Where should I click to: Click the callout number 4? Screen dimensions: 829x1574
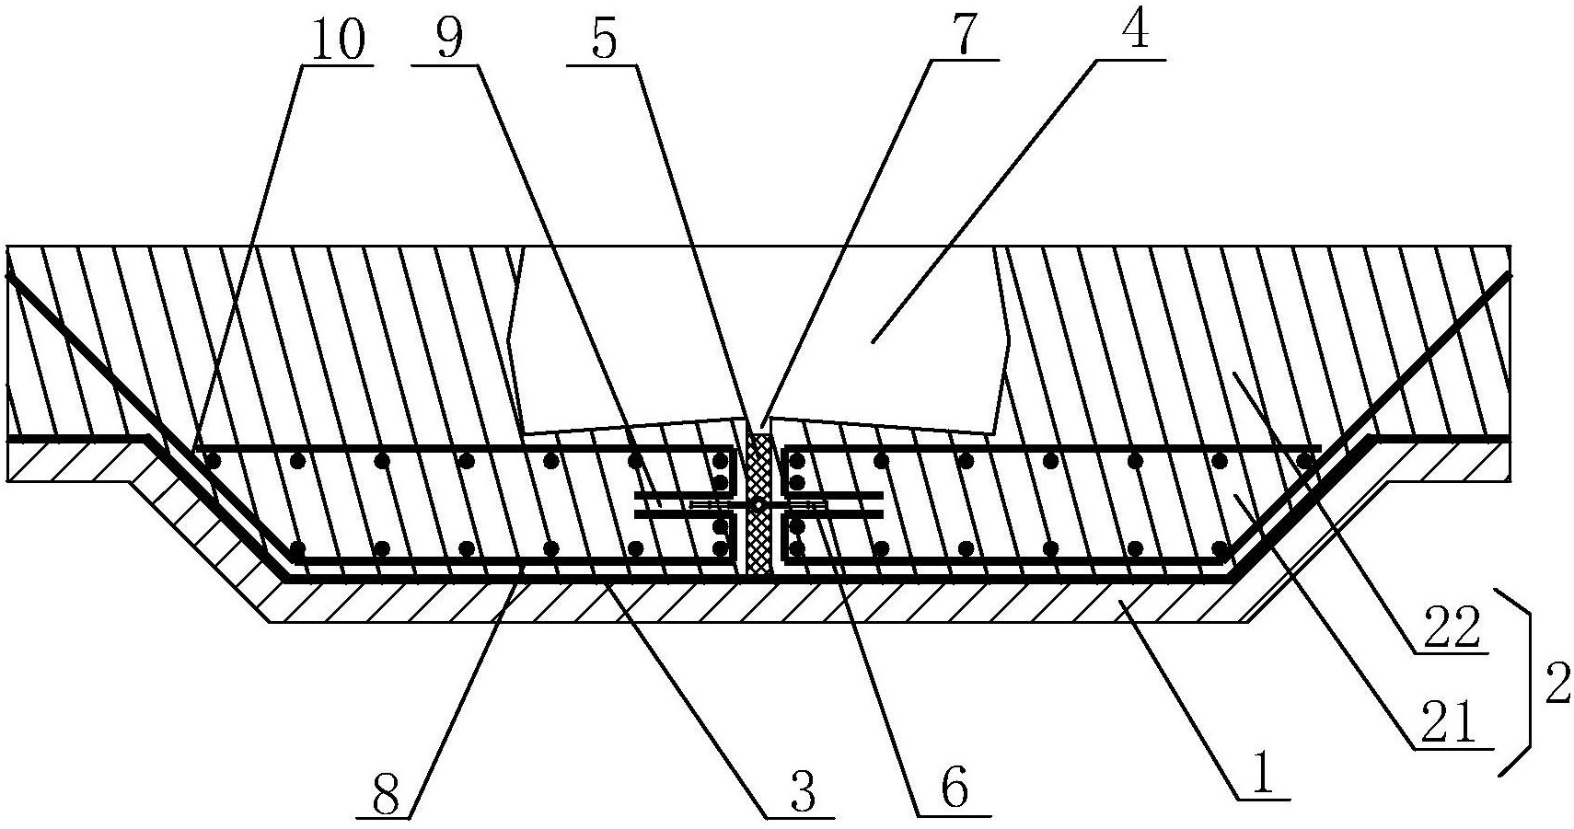[1133, 35]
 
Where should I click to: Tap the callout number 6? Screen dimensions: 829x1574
[955, 789]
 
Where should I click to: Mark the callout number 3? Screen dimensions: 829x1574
[802, 793]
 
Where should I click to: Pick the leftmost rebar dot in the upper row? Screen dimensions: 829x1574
[213, 459]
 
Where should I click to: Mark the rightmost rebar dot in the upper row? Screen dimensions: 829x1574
[1304, 459]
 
